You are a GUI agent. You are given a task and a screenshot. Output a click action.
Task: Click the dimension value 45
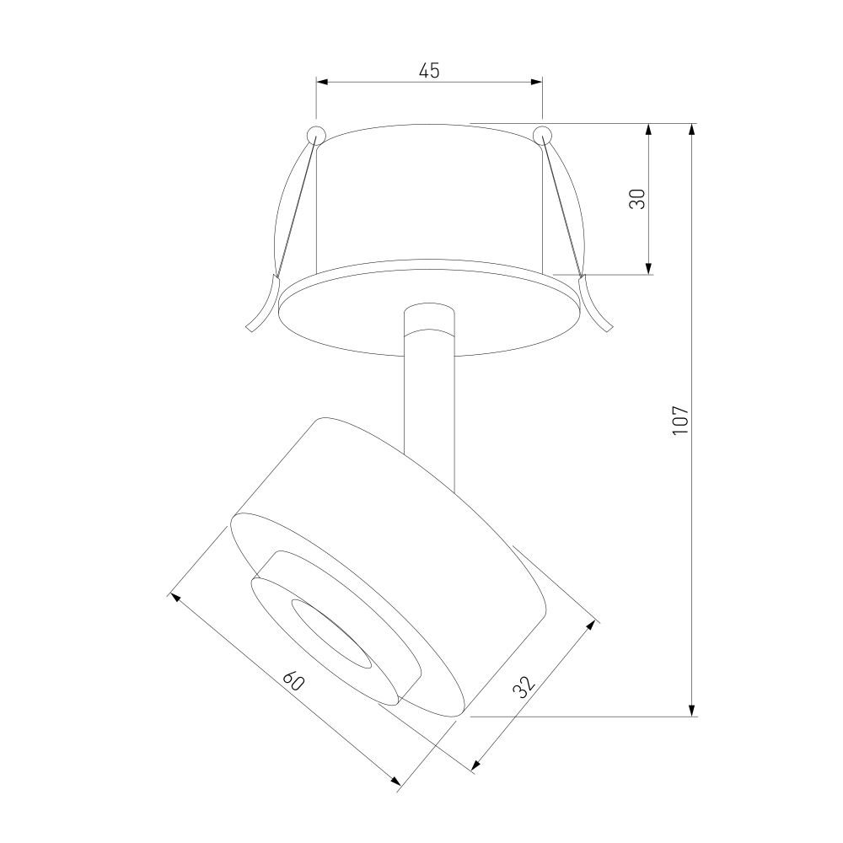(429, 71)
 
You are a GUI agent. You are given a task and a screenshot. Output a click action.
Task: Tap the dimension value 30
(636, 199)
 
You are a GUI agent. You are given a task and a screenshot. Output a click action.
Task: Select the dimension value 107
(680, 421)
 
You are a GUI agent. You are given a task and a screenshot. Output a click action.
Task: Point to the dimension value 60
(294, 680)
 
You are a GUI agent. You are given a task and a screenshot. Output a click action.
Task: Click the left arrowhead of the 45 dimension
(322, 82)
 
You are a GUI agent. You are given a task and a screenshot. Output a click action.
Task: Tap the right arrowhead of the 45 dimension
(536, 82)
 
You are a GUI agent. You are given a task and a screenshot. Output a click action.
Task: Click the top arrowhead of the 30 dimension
(649, 130)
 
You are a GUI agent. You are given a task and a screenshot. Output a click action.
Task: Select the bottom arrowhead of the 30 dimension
(649, 268)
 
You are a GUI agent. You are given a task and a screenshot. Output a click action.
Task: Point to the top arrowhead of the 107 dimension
(692, 130)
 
